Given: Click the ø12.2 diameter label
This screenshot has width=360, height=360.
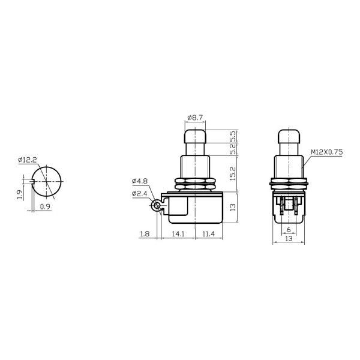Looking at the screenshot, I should pos(28,160).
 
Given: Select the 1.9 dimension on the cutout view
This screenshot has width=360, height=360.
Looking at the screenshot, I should pos(20,194).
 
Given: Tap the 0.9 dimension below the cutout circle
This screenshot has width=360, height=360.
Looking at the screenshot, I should pos(45,208).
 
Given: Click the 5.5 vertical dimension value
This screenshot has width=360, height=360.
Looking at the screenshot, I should pos(232,136).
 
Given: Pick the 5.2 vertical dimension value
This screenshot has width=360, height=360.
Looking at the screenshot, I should pos(232,149).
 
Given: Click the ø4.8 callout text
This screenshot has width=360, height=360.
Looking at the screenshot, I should pos(139,181).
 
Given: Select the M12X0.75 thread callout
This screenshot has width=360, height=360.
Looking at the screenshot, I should pos(327,153).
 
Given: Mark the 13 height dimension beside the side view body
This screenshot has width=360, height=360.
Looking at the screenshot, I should pos(232,207).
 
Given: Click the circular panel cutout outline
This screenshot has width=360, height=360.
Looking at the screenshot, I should pos(48,181).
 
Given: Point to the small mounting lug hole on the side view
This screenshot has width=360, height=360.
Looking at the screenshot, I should pos(157,206).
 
